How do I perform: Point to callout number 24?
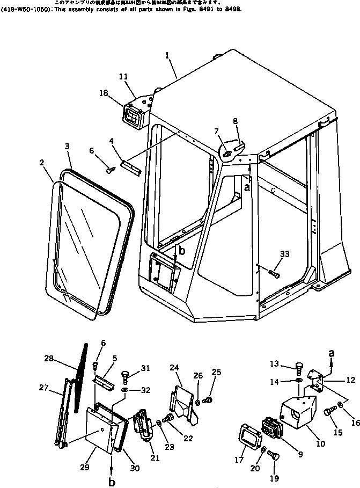pyautogui.click(x=174, y=368)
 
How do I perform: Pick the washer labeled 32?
pyautogui.click(x=124, y=388)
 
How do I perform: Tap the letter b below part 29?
pyautogui.click(x=112, y=483)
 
